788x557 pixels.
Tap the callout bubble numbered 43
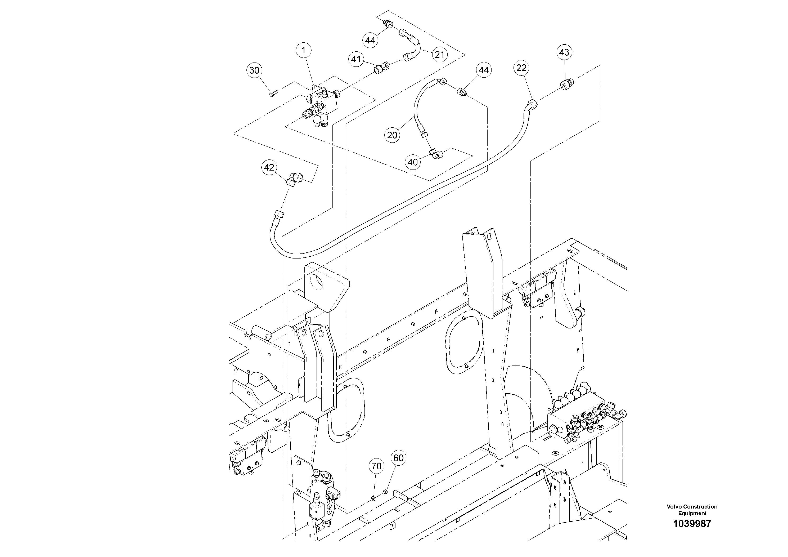[564, 52]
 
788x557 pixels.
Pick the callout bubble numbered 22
[521, 68]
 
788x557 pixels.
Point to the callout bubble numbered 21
[439, 54]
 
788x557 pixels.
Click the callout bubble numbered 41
[356, 59]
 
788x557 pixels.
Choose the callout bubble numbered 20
[392, 135]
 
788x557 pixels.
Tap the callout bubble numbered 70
[376, 466]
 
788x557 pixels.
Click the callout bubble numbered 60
[398, 458]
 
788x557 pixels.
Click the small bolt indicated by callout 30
[273, 93]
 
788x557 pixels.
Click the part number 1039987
[692, 524]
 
